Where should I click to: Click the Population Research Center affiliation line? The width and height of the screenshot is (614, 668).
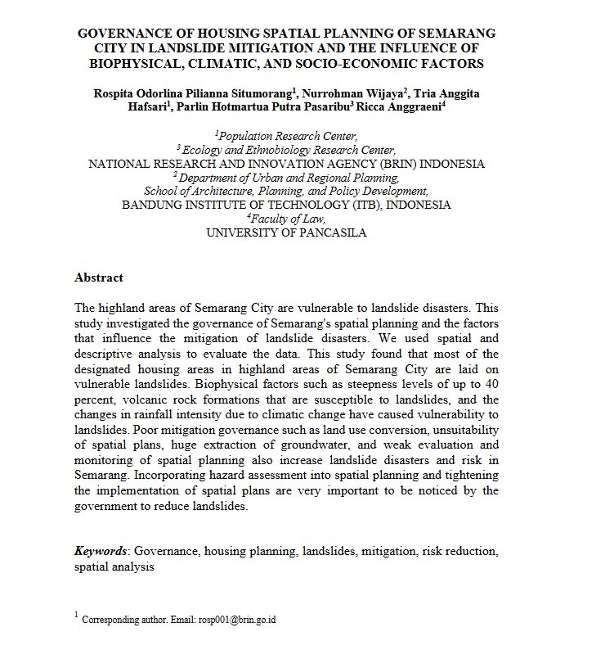coord(287,136)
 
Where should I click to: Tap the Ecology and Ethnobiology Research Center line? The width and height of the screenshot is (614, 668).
coord(287,150)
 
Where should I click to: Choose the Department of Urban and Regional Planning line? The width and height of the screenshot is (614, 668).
coord(287,178)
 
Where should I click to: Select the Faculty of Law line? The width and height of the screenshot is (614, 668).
coord(287,219)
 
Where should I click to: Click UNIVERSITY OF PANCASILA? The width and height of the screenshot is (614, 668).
coord(287,233)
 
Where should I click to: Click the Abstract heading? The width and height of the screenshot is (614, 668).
coord(99,278)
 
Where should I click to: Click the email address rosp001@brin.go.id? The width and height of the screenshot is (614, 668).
coord(237,620)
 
